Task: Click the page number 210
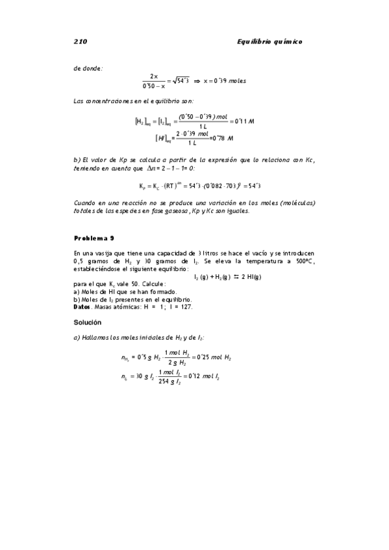pos(81,42)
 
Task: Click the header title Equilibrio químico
pos(270,42)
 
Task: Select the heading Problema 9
pos(95,237)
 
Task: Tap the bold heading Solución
pos(88,322)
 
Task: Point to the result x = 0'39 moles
pos(224,81)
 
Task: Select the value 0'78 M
pos(221,138)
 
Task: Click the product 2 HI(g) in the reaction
pos(246,277)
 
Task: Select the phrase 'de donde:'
pos(88,67)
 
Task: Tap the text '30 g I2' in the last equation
pos(144,376)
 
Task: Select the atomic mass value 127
pos(186,307)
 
